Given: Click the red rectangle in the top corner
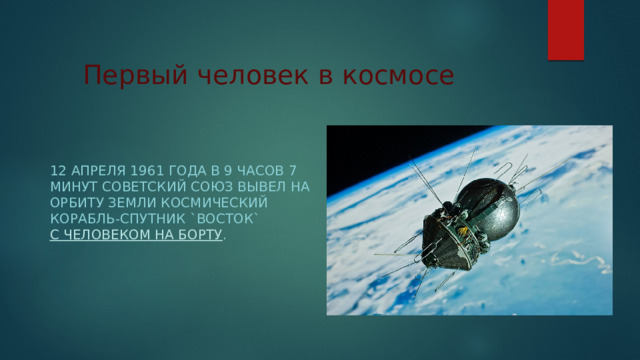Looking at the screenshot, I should coord(566,30).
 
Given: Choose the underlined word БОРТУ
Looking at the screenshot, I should coord(200,236).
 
